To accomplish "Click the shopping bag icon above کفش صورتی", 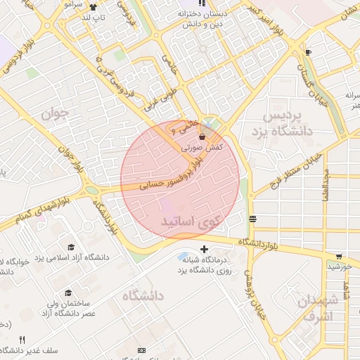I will (202, 136).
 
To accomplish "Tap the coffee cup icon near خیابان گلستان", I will (308, 52).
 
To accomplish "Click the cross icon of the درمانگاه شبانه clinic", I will (204, 249).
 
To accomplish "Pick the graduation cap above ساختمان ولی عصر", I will (68, 292).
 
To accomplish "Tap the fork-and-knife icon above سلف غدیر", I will (22, 339).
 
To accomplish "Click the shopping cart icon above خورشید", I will (339, 256).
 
